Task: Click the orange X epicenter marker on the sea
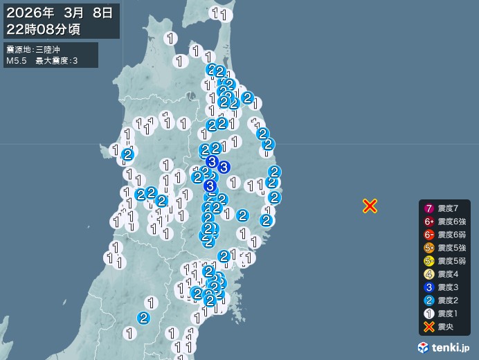pyautogui.click(x=370, y=206)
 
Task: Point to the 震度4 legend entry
pyautogui.click(x=444, y=274)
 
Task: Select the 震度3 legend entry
pyautogui.click(x=444, y=287)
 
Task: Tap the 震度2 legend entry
pyautogui.click(x=444, y=300)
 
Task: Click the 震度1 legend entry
pyautogui.click(x=444, y=314)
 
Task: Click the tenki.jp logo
pyautogui.click(x=444, y=347)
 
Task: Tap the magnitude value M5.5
pyautogui.click(x=17, y=62)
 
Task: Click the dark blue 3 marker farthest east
pyautogui.click(x=224, y=167)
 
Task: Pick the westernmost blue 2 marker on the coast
pyautogui.click(x=127, y=154)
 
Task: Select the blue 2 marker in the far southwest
pyautogui.click(x=143, y=318)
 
